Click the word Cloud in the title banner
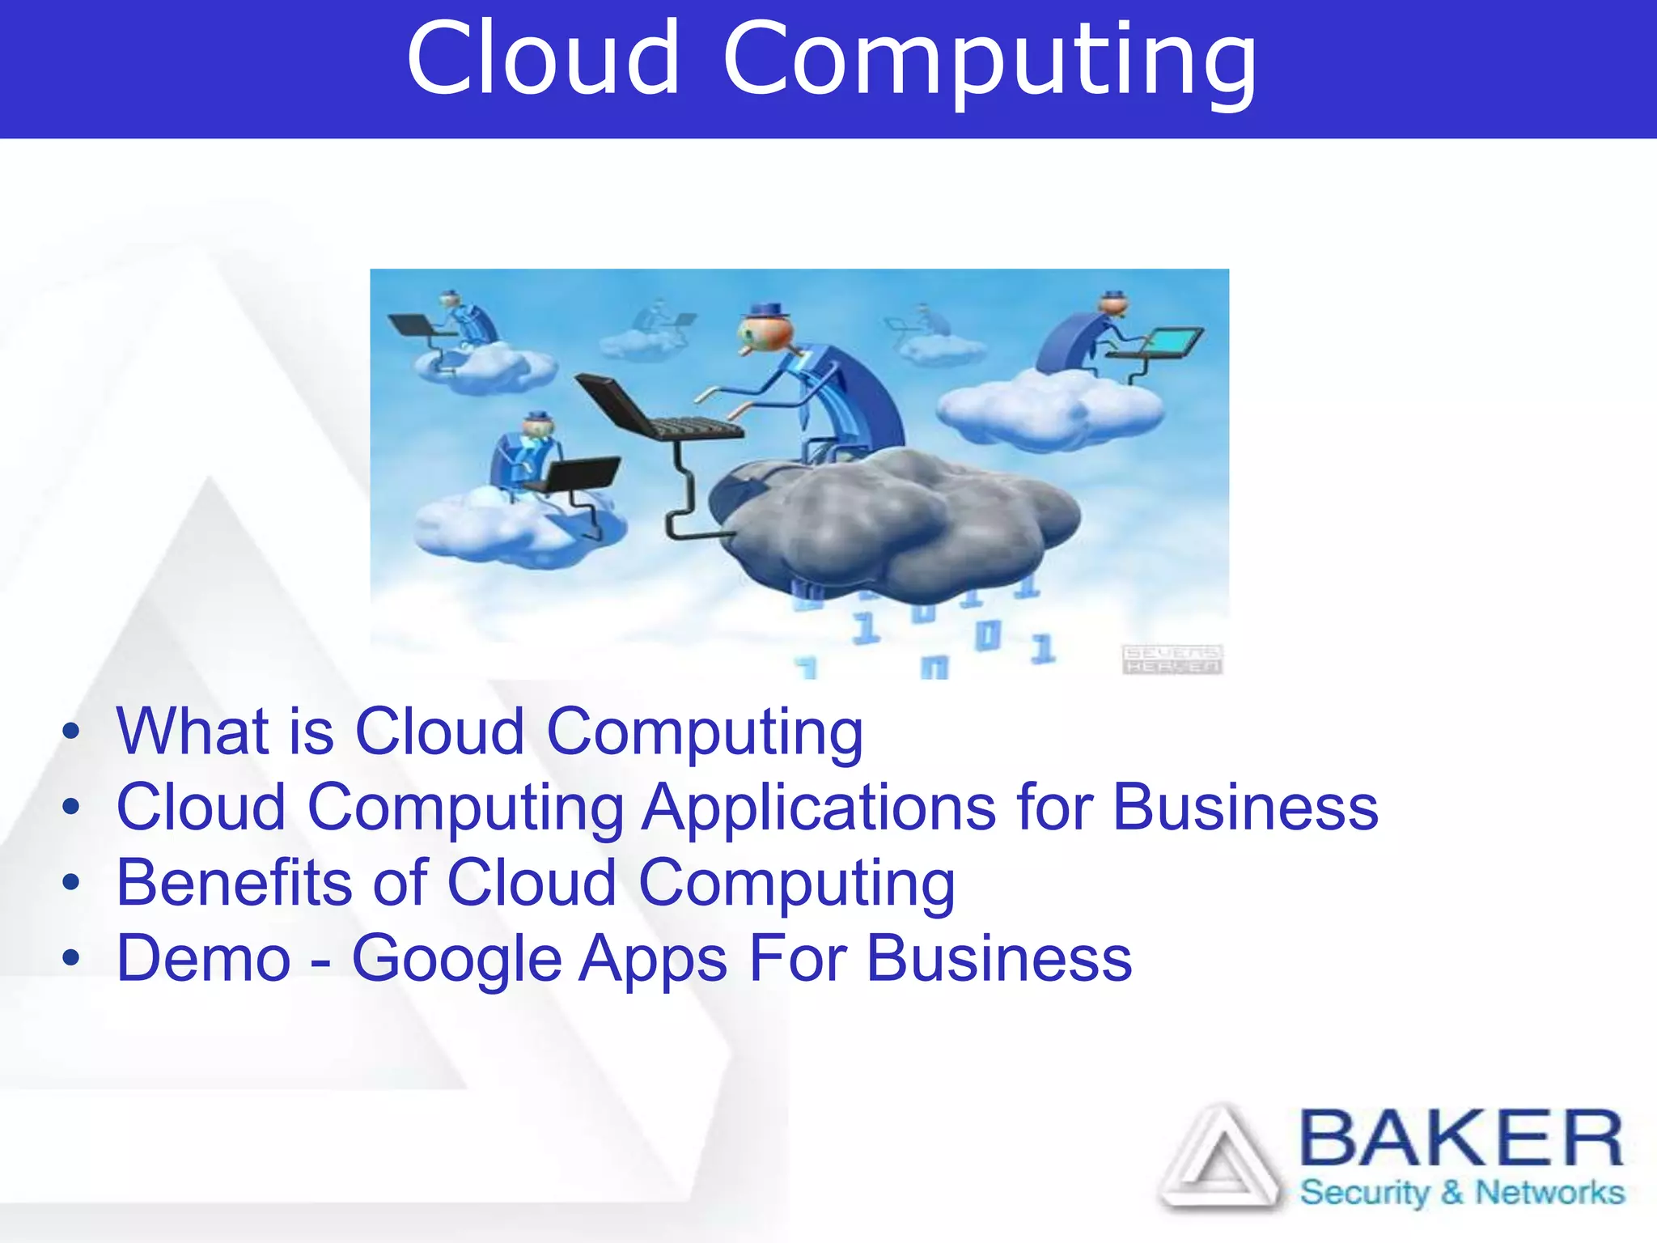click(x=543, y=58)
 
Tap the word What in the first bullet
click(x=192, y=732)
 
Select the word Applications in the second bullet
click(x=819, y=808)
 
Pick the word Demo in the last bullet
click(x=203, y=959)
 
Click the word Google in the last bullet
click(x=456, y=960)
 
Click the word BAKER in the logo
click(x=1461, y=1139)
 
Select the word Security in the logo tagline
click(x=1365, y=1193)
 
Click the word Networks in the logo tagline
click(x=1549, y=1192)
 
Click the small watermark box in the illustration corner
click(x=1172, y=660)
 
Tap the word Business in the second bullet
click(x=1245, y=808)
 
